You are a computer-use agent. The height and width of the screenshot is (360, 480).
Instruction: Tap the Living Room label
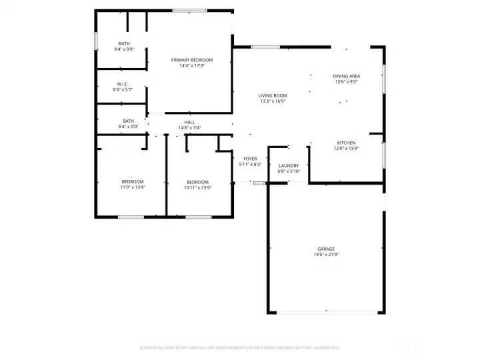272,96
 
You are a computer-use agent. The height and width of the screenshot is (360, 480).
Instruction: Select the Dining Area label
346,76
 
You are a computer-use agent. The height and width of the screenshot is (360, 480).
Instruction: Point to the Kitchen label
346,143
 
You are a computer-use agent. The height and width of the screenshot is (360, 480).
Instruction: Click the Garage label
326,249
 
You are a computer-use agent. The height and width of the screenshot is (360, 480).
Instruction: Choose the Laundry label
289,165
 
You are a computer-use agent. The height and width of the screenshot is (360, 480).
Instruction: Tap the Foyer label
250,159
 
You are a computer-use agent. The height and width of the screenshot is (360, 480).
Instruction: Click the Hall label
189,121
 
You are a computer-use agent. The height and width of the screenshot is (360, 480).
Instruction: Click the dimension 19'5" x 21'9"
326,255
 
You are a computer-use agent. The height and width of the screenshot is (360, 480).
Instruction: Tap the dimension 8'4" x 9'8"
124,49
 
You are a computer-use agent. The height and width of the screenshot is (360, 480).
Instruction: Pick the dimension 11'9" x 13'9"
132,187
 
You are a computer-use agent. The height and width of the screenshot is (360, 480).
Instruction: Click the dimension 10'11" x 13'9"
197,187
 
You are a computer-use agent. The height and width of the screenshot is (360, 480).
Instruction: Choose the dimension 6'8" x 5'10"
289,171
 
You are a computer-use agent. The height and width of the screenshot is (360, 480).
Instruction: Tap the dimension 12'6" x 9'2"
346,82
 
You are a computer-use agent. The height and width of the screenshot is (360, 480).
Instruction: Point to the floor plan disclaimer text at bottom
239,347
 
